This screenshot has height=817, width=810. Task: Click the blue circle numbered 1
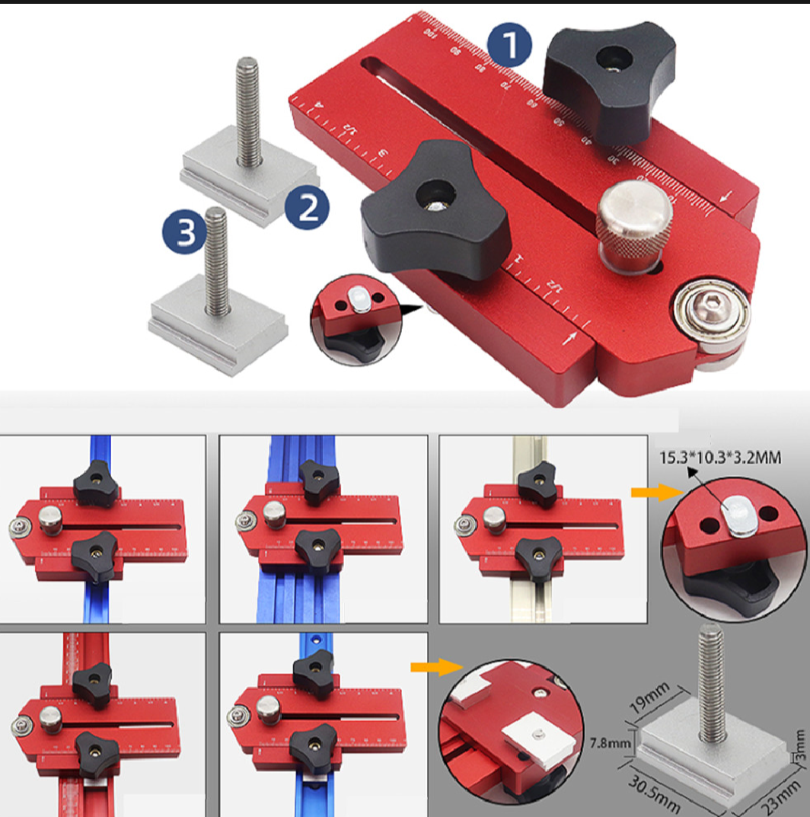point(510,43)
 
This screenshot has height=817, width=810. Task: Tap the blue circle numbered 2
point(308,206)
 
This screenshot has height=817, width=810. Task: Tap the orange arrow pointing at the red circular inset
point(426,667)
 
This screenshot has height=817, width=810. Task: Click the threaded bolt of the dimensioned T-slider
point(710,686)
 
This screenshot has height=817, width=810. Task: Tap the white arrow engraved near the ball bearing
point(571,339)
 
